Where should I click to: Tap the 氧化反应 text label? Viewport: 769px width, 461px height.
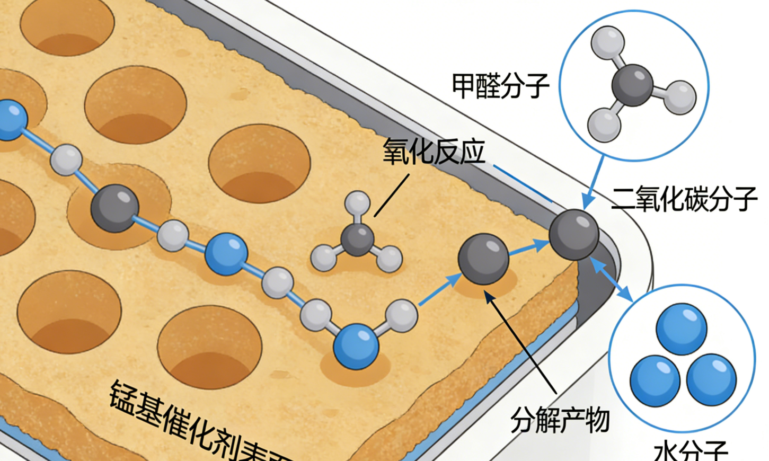[x=434, y=152]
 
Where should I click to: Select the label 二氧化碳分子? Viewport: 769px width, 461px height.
[x=684, y=199]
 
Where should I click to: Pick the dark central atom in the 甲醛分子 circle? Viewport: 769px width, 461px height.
[x=632, y=85]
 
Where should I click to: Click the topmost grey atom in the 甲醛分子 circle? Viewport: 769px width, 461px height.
[x=607, y=42]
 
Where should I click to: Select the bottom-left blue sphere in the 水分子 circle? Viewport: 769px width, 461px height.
[x=655, y=380]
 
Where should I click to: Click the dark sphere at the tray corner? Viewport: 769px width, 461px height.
[x=574, y=234]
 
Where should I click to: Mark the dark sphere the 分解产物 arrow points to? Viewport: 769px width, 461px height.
[x=483, y=259]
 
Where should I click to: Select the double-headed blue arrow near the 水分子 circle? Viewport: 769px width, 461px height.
[x=611, y=279]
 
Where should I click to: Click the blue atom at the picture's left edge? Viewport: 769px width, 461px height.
[x=10, y=120]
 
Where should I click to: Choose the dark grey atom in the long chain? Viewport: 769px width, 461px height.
[x=114, y=208]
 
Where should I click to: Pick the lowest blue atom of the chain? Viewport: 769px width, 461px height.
[x=356, y=347]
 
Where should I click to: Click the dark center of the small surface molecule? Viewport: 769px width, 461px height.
[x=357, y=239]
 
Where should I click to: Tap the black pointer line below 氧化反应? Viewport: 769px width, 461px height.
[x=392, y=195]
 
